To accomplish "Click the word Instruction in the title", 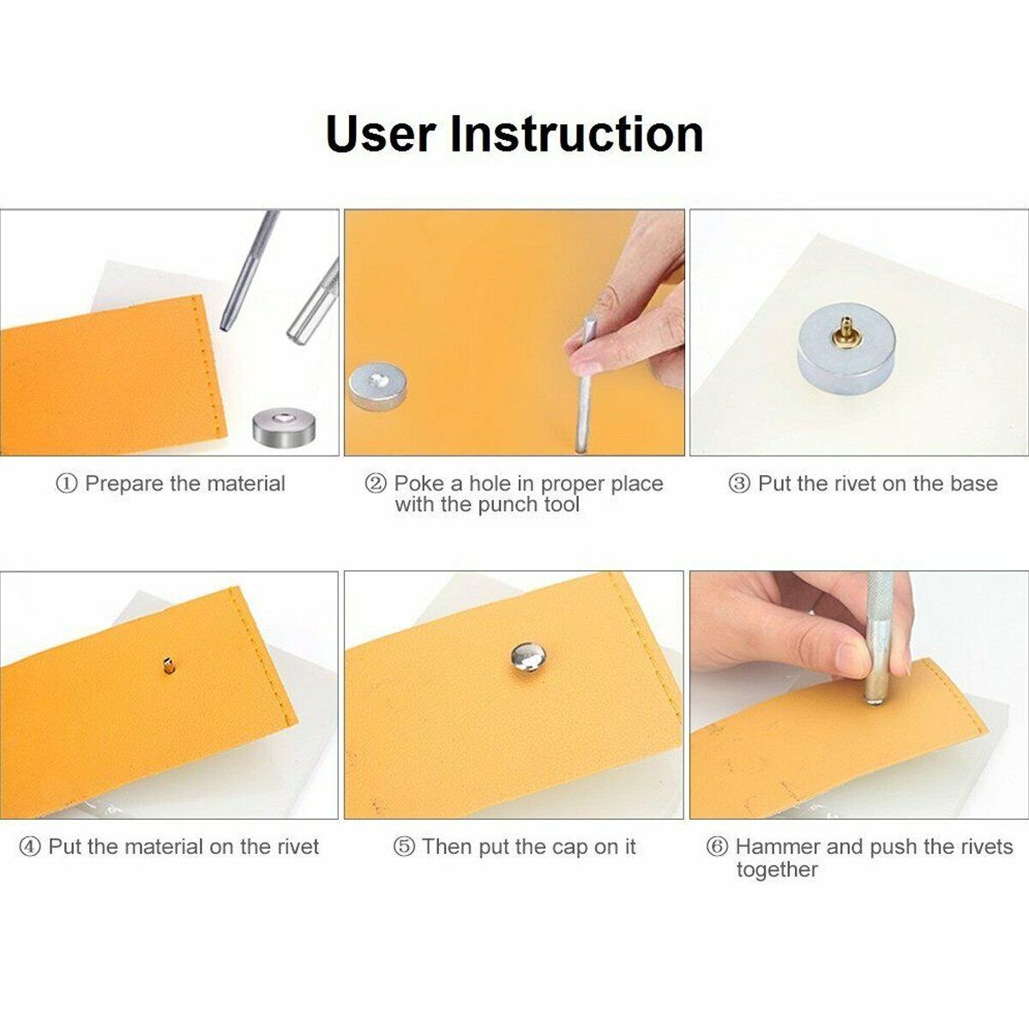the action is [577, 134].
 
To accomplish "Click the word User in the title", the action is [380, 134].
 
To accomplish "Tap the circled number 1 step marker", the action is [66, 484].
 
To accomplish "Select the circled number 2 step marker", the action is [375, 484].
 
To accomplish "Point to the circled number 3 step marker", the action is [739, 484].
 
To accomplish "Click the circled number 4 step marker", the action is [30, 846].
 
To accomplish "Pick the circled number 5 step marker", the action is [404, 846].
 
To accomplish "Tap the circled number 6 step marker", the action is [717, 846].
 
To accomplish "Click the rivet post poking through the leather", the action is [169, 665].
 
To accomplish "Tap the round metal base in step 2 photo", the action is [377, 387].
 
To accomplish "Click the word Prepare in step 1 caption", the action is [124, 484].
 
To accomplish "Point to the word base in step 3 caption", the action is [973, 484].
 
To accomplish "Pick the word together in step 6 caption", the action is [777, 870].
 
